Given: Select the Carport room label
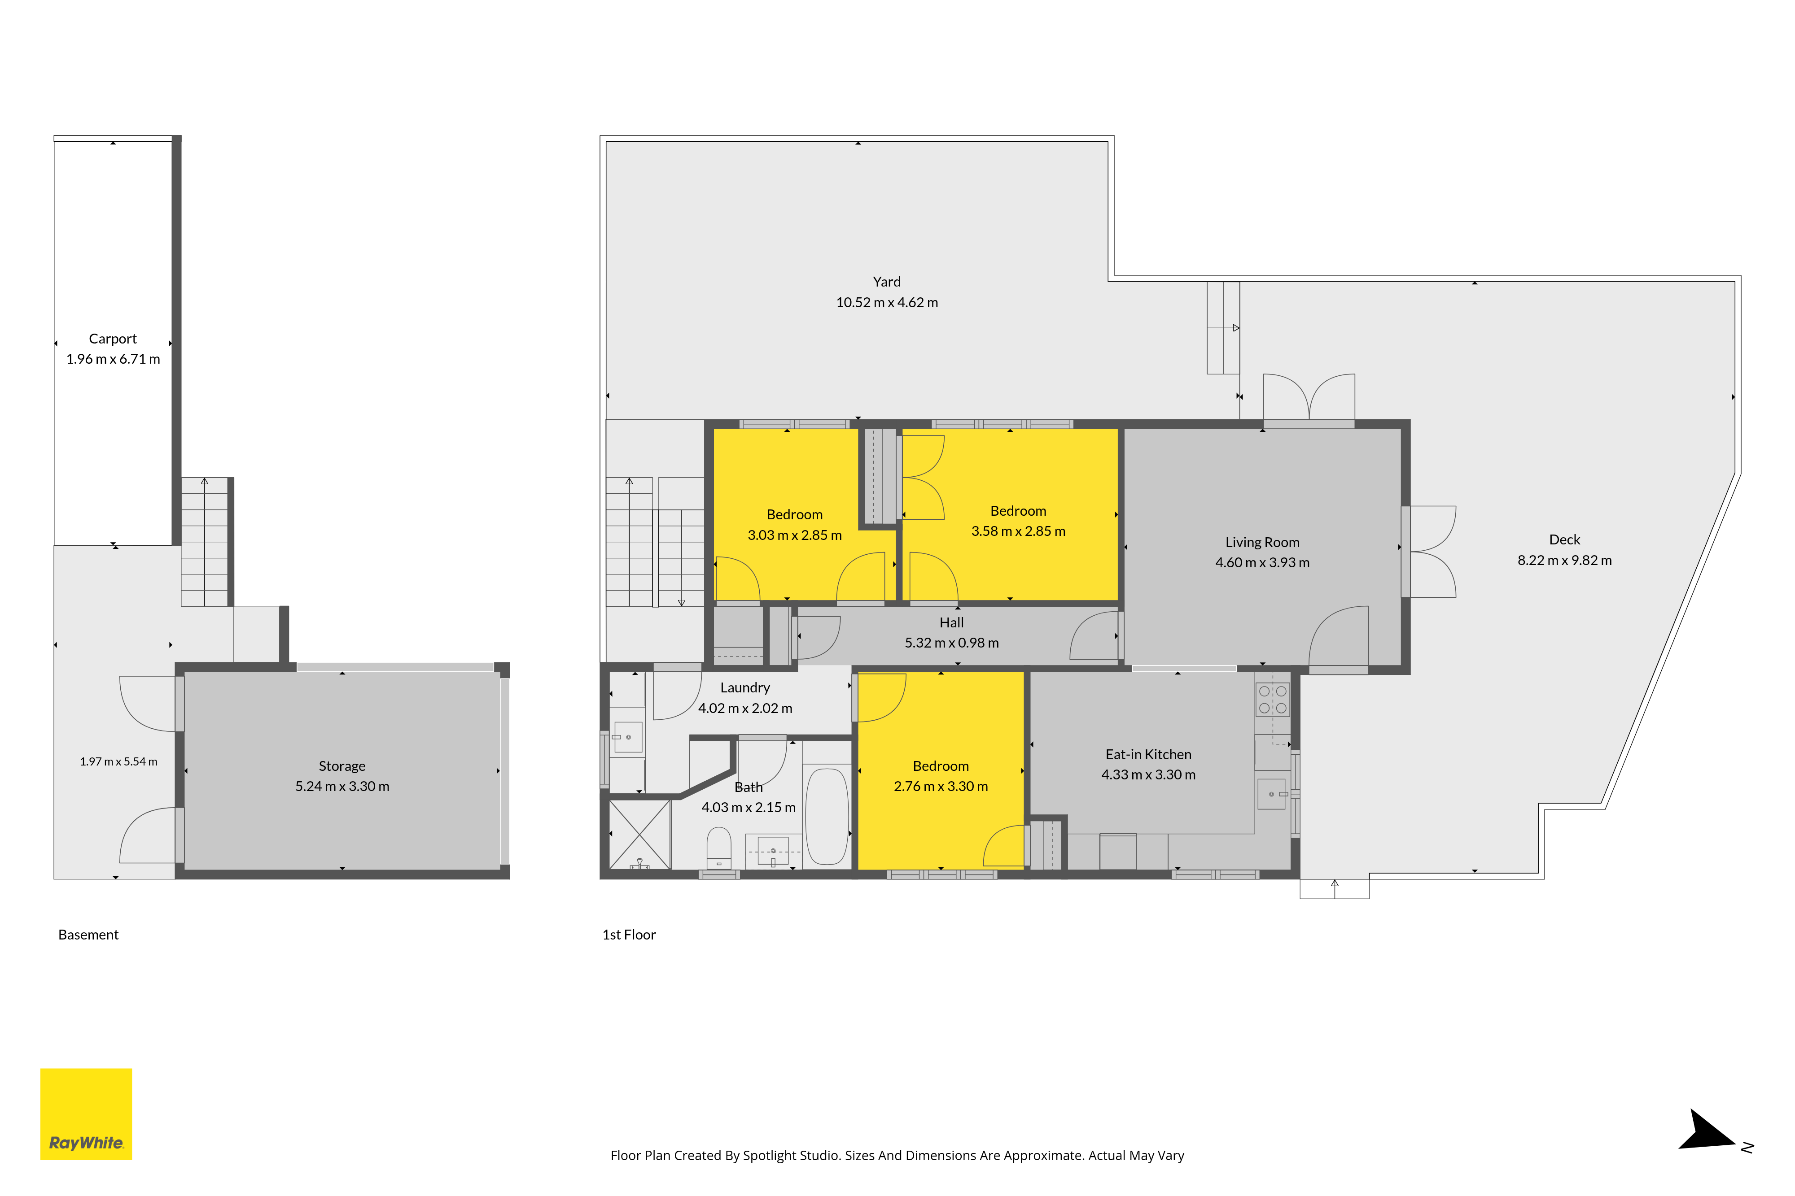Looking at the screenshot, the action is (113, 339).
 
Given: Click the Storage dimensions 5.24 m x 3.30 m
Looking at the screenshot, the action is (342, 787).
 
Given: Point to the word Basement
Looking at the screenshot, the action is (88, 935).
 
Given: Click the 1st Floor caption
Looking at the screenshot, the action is (629, 935).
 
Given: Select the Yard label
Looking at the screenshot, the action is (887, 282).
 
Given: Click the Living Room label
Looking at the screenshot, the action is (1262, 542).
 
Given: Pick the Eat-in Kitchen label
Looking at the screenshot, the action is (1149, 754).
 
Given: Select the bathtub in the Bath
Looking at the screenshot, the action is (827, 816).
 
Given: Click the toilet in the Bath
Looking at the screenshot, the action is (719, 849).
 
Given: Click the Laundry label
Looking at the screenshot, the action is (745, 688).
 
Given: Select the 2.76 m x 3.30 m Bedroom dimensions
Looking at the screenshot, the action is (941, 787).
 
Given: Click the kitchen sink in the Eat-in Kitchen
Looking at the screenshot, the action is (1271, 794).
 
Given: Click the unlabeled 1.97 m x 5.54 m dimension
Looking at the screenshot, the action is (118, 762).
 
